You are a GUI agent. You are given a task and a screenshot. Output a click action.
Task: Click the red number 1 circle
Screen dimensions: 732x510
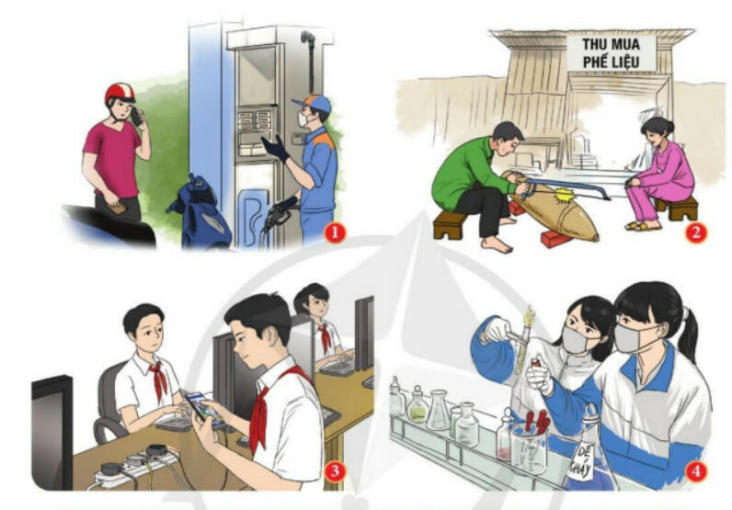click(x=334, y=232)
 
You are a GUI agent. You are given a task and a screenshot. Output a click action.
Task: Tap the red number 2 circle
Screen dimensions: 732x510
click(x=695, y=232)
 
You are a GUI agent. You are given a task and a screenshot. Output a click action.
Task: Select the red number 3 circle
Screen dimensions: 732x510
click(x=334, y=471)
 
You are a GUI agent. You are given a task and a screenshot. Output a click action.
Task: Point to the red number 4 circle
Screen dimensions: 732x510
click(x=695, y=471)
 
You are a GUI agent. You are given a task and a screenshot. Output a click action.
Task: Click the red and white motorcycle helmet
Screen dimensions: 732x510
click(x=120, y=93)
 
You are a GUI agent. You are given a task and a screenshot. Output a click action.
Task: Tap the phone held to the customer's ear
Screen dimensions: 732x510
click(x=136, y=116)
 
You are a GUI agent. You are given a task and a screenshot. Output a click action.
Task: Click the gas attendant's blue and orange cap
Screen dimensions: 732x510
click(x=313, y=103)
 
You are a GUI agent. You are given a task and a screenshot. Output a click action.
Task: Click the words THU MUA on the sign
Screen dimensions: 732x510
click(x=611, y=45)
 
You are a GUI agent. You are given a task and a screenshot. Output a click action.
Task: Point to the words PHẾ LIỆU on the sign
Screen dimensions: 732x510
click(x=611, y=62)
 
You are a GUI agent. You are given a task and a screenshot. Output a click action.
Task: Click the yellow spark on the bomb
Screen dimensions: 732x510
click(x=565, y=196)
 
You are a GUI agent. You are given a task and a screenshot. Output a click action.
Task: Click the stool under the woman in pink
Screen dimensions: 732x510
click(x=677, y=208)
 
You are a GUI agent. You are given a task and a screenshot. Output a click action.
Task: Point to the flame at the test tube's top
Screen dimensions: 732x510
click(x=529, y=316)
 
